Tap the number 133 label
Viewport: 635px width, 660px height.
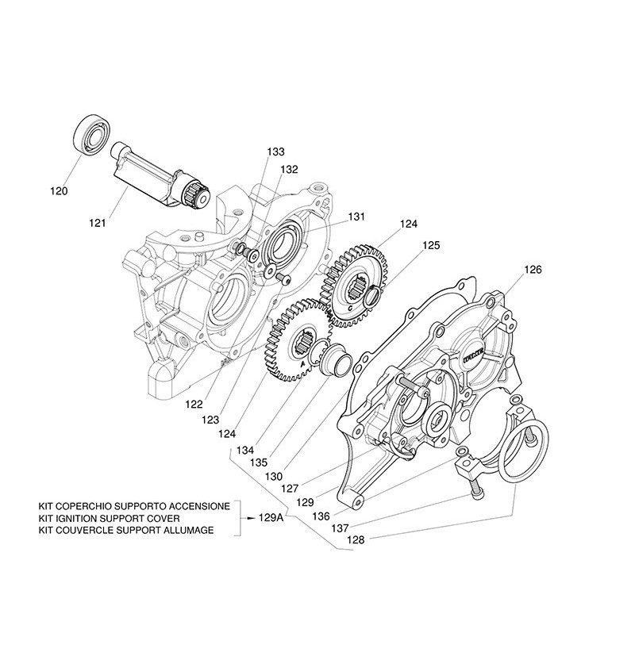[275, 152]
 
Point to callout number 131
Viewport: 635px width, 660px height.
[356, 216]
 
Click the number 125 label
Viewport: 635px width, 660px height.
[431, 246]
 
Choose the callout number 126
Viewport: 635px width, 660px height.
[533, 270]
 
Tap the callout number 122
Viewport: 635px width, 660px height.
[194, 404]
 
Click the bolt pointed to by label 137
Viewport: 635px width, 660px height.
[475, 493]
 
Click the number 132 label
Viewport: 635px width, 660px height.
[289, 169]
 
